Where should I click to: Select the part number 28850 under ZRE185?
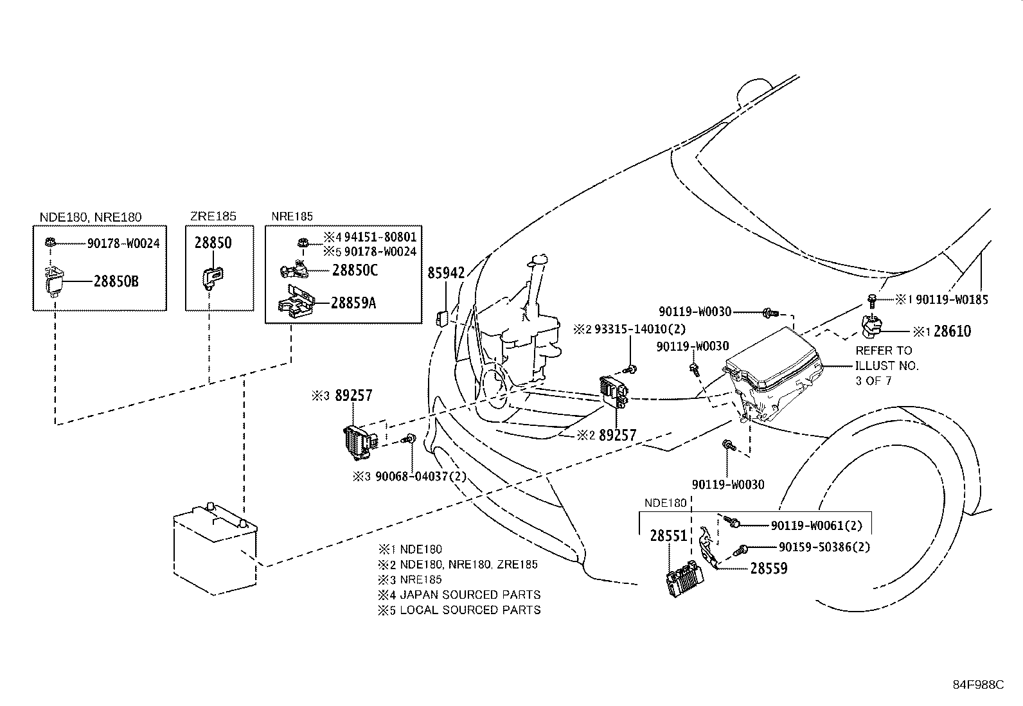[213, 243]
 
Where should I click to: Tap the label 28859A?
[353, 303]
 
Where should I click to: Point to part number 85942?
[445, 273]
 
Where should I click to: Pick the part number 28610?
[952, 331]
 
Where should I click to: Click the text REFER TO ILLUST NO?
[886, 358]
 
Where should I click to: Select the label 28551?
[668, 535]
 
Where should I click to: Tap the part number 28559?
[768, 569]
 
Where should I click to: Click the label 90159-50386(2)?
[824, 547]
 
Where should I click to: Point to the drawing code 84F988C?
[977, 685]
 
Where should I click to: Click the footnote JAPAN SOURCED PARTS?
[470, 595]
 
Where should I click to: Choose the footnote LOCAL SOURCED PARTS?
[470, 610]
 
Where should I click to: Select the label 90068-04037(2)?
[420, 477]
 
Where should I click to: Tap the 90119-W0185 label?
[952, 299]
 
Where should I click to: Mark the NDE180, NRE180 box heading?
[91, 217]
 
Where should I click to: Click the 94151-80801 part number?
[380, 237]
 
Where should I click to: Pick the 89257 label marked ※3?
[353, 396]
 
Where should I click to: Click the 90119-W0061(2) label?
[816, 525]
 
